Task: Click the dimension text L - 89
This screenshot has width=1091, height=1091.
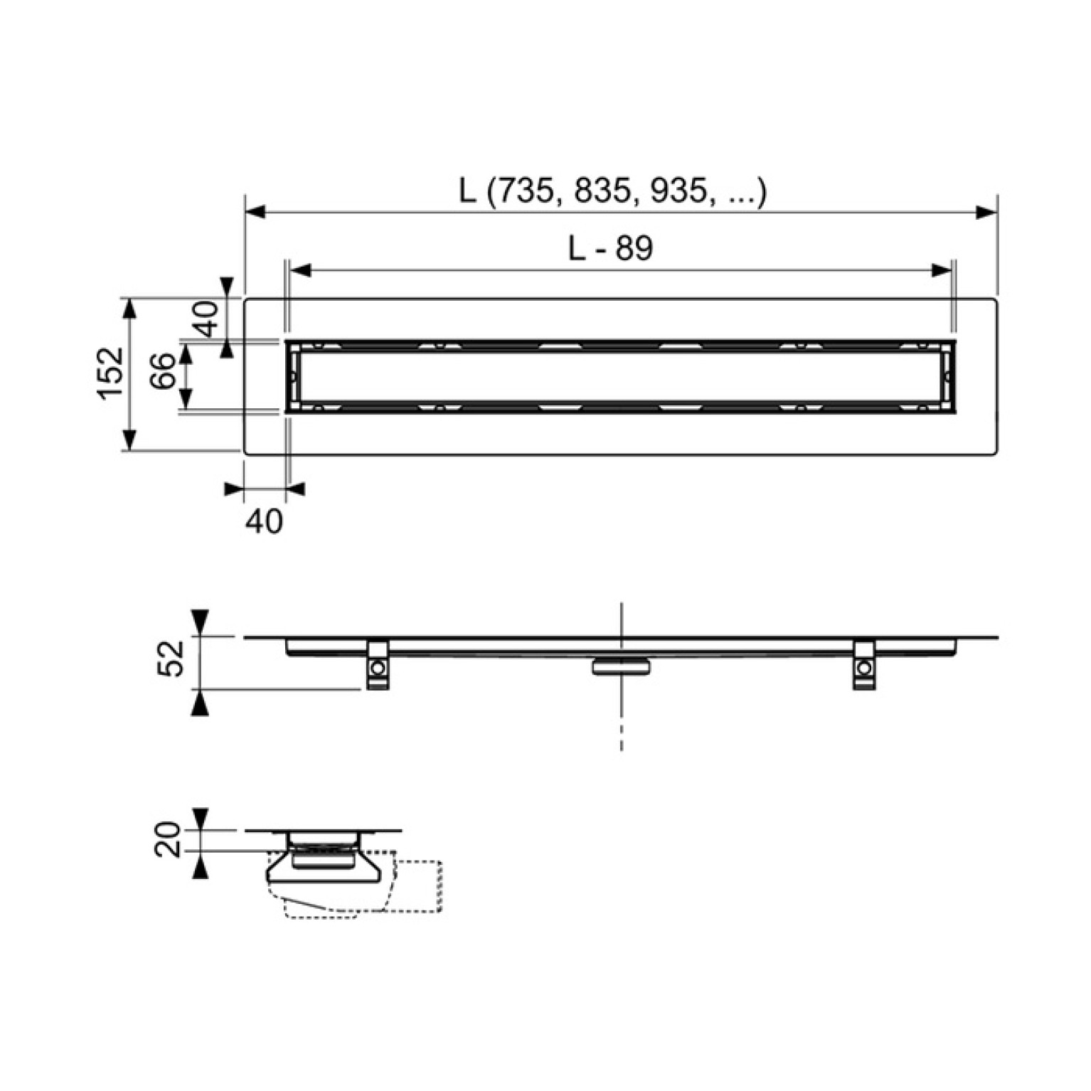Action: [610, 248]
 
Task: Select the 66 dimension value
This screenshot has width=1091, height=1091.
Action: [164, 371]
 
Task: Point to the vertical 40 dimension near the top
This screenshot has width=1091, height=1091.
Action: [206, 318]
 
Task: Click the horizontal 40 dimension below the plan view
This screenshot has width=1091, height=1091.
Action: [264, 521]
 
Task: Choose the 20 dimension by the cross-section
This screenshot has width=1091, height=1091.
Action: [169, 839]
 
